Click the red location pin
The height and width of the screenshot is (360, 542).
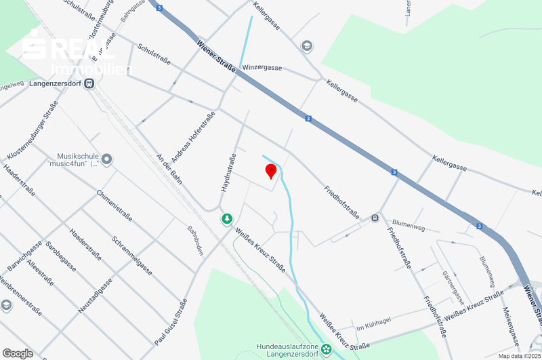[x=270, y=170]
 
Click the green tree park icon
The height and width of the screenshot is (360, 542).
[x=227, y=219]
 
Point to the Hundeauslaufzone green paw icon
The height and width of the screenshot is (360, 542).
[x=327, y=349]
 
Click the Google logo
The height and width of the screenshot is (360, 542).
[x=18, y=353]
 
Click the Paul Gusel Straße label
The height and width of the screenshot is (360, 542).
[x=171, y=324]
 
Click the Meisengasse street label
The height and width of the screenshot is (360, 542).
[x=511, y=326]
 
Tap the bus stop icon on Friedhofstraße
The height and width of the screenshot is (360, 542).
[x=375, y=218]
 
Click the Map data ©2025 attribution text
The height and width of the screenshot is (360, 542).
[x=520, y=355]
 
